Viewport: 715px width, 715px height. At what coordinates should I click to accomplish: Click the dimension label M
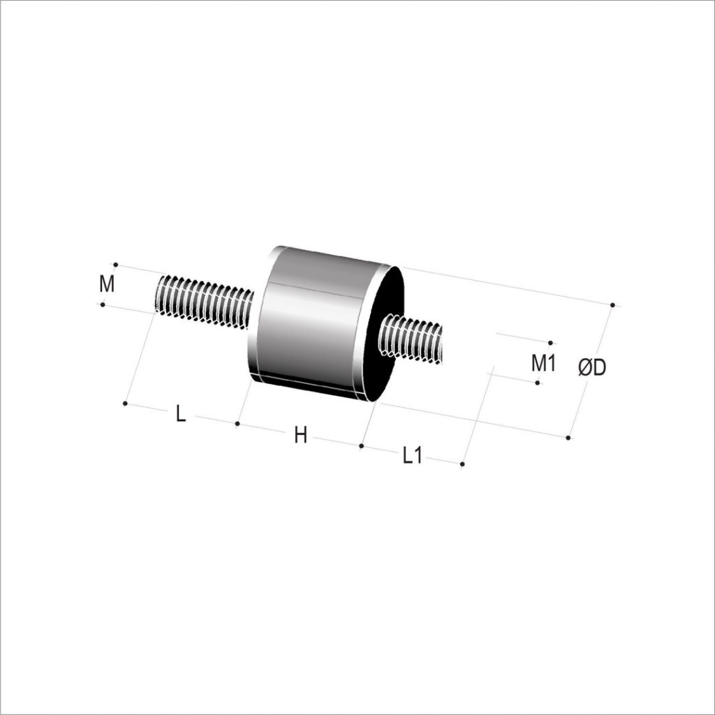pyautogui.click(x=107, y=284)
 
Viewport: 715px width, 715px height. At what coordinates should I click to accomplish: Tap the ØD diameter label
pyautogui.click(x=592, y=367)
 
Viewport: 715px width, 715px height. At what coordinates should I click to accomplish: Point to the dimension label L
pyautogui.click(x=181, y=414)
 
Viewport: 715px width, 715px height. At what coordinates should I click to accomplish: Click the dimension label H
pyautogui.click(x=300, y=436)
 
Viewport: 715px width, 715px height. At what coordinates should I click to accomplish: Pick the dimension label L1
pyautogui.click(x=413, y=455)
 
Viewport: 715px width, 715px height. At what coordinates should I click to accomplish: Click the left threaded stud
pyautogui.click(x=205, y=300)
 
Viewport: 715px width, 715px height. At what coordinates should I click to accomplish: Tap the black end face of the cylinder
pyautogui.click(x=385, y=334)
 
